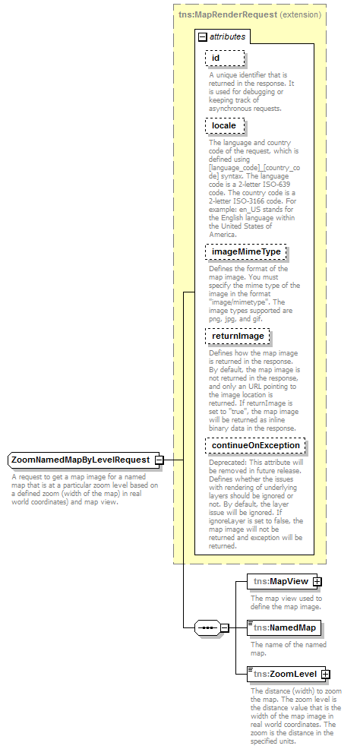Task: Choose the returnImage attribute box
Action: tap(238, 335)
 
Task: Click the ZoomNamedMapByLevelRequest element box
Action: tap(81, 460)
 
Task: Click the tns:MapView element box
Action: tap(280, 560)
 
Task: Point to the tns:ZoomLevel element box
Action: tap(285, 674)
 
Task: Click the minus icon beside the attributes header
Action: tap(202, 36)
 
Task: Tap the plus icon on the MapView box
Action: tap(317, 560)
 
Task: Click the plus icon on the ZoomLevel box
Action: tap(325, 674)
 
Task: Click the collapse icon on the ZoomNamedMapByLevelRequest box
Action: tap(159, 460)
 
